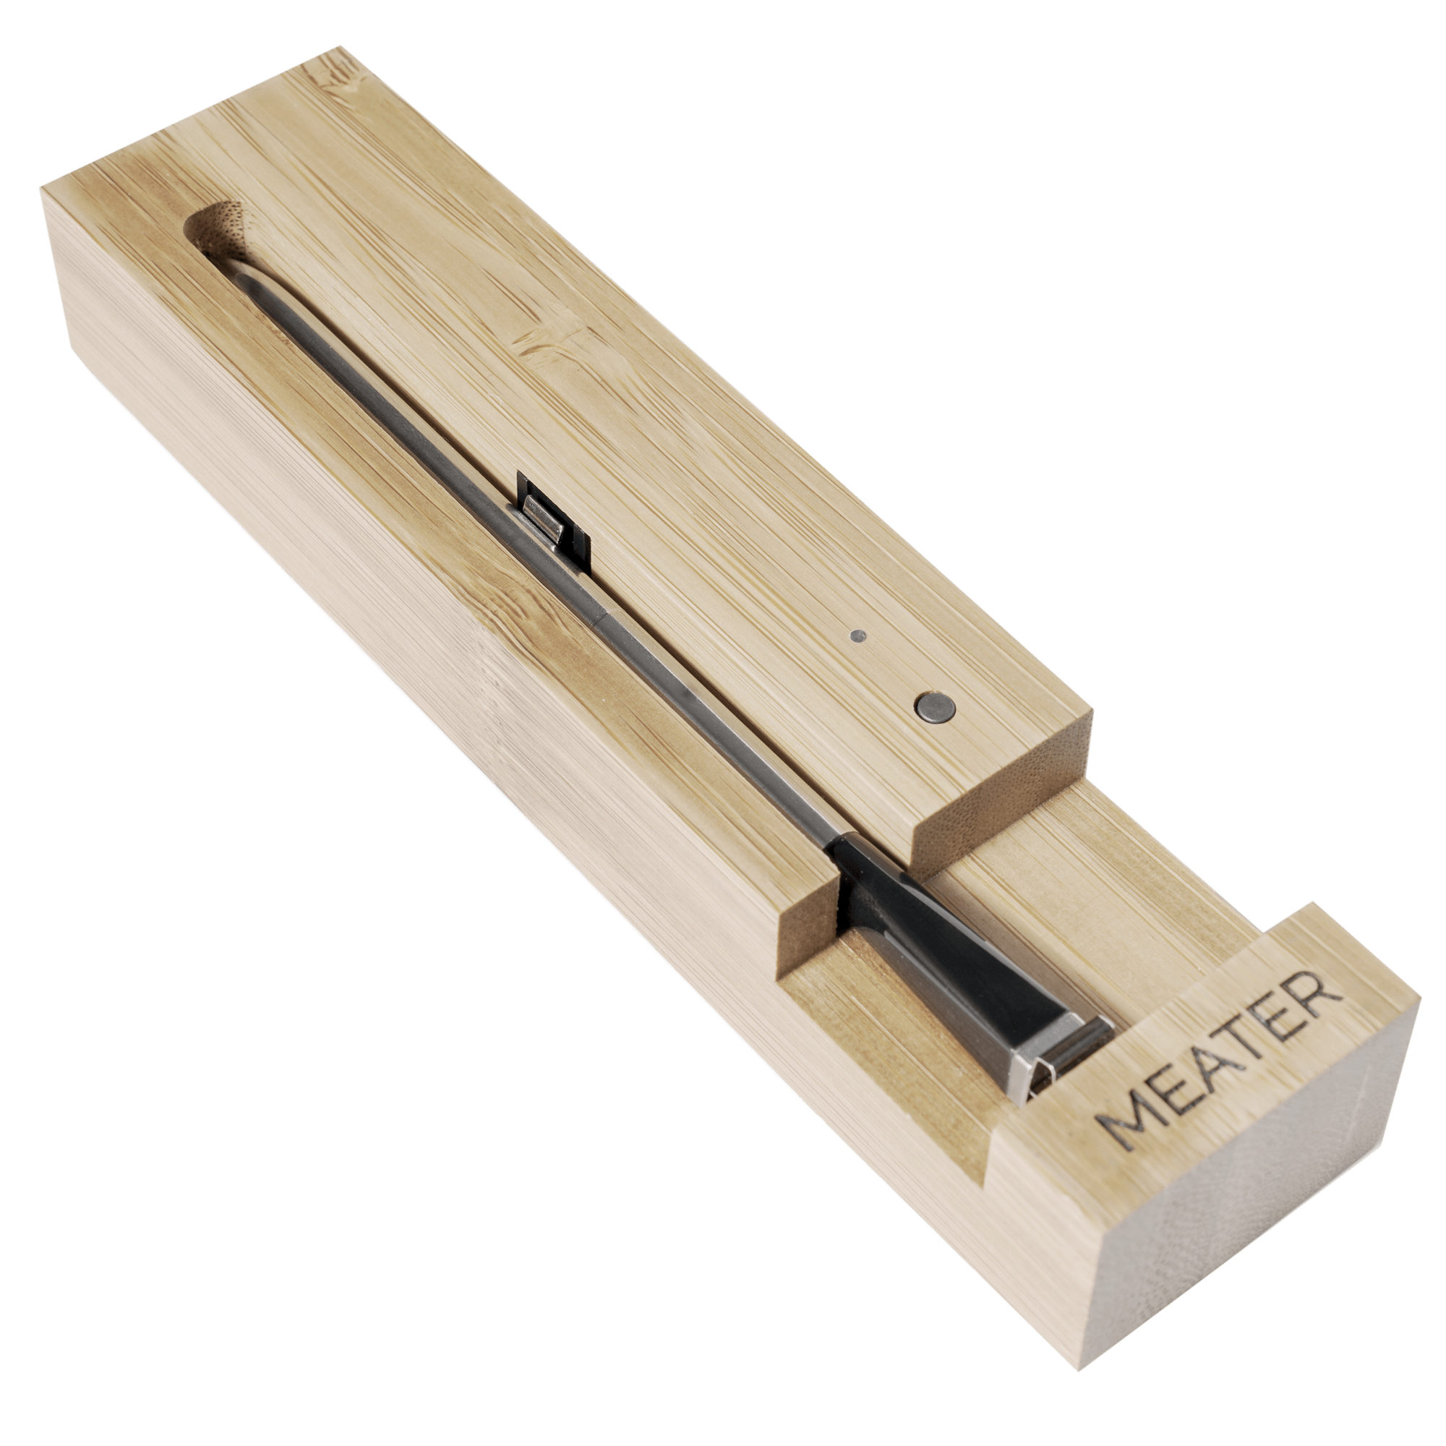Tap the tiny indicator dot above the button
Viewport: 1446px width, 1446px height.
pos(858,637)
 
